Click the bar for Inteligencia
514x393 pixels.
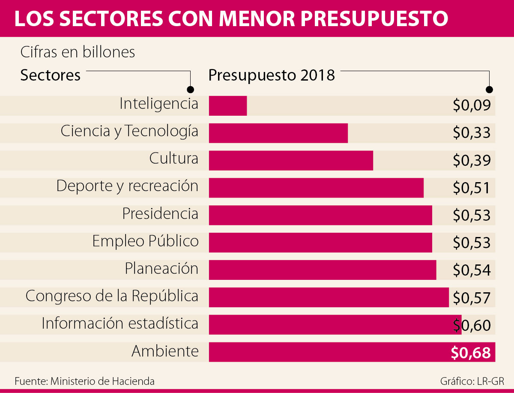[228, 106]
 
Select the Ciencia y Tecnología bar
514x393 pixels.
[278, 133]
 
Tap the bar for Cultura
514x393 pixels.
[291, 161]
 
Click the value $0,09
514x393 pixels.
[471, 105]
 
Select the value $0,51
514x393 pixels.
[471, 188]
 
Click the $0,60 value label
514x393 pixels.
[471, 325]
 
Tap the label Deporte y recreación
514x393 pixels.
[127, 186]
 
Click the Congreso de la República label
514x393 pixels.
[112, 296]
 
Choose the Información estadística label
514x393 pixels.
[120, 324]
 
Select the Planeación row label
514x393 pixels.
[161, 269]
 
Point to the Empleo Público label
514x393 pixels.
[145, 241]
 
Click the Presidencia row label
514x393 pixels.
[160, 213]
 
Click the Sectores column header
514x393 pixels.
[51, 75]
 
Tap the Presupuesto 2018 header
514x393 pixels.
[272, 75]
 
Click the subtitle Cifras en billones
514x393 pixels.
[78, 52]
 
